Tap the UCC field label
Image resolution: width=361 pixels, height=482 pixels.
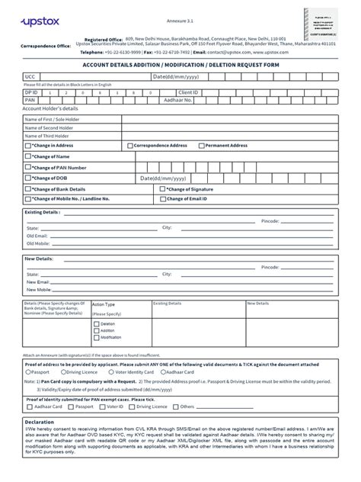pos(30,77)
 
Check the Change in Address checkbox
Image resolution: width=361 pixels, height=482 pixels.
pos(28,145)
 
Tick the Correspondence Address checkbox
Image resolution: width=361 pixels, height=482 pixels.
pos(130,145)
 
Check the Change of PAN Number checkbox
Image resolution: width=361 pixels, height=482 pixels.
pos(28,167)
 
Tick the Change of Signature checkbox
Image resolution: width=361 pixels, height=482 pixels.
pos(163,188)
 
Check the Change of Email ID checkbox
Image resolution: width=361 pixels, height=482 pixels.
pos(163,198)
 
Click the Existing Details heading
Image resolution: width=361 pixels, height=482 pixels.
pos(43,212)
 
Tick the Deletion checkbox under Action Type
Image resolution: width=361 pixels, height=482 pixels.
pos(96,324)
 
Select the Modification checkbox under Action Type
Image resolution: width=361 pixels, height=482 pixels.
pos(96,337)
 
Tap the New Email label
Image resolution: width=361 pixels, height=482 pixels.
pos(39,282)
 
